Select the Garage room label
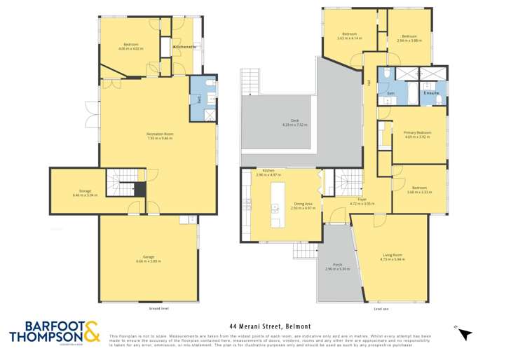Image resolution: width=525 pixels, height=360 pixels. coord(149,258)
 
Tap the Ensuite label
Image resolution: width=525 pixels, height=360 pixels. coord(430,92)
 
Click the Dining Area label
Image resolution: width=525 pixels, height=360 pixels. coord(303,206)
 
